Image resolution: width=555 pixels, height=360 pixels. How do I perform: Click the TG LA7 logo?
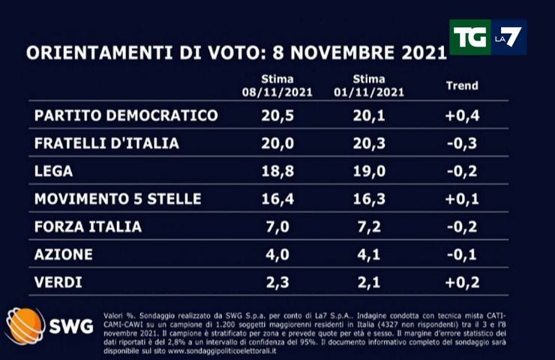(487, 37)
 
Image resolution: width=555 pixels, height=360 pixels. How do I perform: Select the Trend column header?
(461, 86)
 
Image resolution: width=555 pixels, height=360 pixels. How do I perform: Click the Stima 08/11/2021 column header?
(277, 86)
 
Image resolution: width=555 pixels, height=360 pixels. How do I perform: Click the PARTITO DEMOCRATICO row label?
(126, 115)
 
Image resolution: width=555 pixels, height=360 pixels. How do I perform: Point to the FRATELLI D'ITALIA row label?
(106, 143)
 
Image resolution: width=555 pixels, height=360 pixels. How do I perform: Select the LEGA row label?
(53, 171)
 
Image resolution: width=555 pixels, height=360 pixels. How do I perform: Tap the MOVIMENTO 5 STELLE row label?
(118, 199)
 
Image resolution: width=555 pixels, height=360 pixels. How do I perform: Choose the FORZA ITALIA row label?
(88, 226)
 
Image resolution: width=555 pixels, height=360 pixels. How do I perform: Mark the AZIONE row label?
(64, 254)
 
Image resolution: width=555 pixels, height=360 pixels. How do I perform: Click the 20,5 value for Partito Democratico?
(277, 115)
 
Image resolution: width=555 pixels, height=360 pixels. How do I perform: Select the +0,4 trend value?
(461, 115)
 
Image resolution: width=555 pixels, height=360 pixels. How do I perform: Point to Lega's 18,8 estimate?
(277, 171)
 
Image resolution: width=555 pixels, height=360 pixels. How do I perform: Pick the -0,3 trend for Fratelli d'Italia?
(461, 143)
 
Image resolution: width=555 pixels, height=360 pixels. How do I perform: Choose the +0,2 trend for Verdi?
(461, 282)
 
